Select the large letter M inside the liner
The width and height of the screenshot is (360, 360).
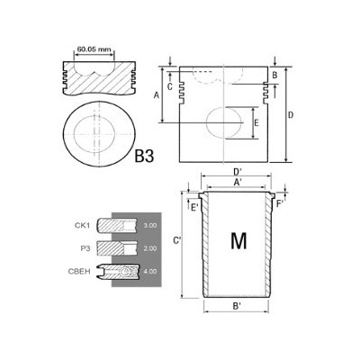tap(238, 240)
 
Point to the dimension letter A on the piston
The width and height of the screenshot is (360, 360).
tap(157, 94)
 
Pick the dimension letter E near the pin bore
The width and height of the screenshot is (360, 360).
tap(256, 122)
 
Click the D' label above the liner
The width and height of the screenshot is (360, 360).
tap(238, 172)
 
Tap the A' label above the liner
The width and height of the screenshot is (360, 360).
tap(238, 183)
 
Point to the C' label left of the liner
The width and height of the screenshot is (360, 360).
tap(178, 240)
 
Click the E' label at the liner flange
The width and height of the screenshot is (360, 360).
tap(194, 207)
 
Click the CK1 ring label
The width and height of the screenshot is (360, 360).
tap(83, 224)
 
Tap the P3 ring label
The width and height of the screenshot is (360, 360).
tap(85, 245)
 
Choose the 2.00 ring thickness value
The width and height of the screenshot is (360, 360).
tap(149, 245)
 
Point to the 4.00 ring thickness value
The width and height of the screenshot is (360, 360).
tap(149, 268)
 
